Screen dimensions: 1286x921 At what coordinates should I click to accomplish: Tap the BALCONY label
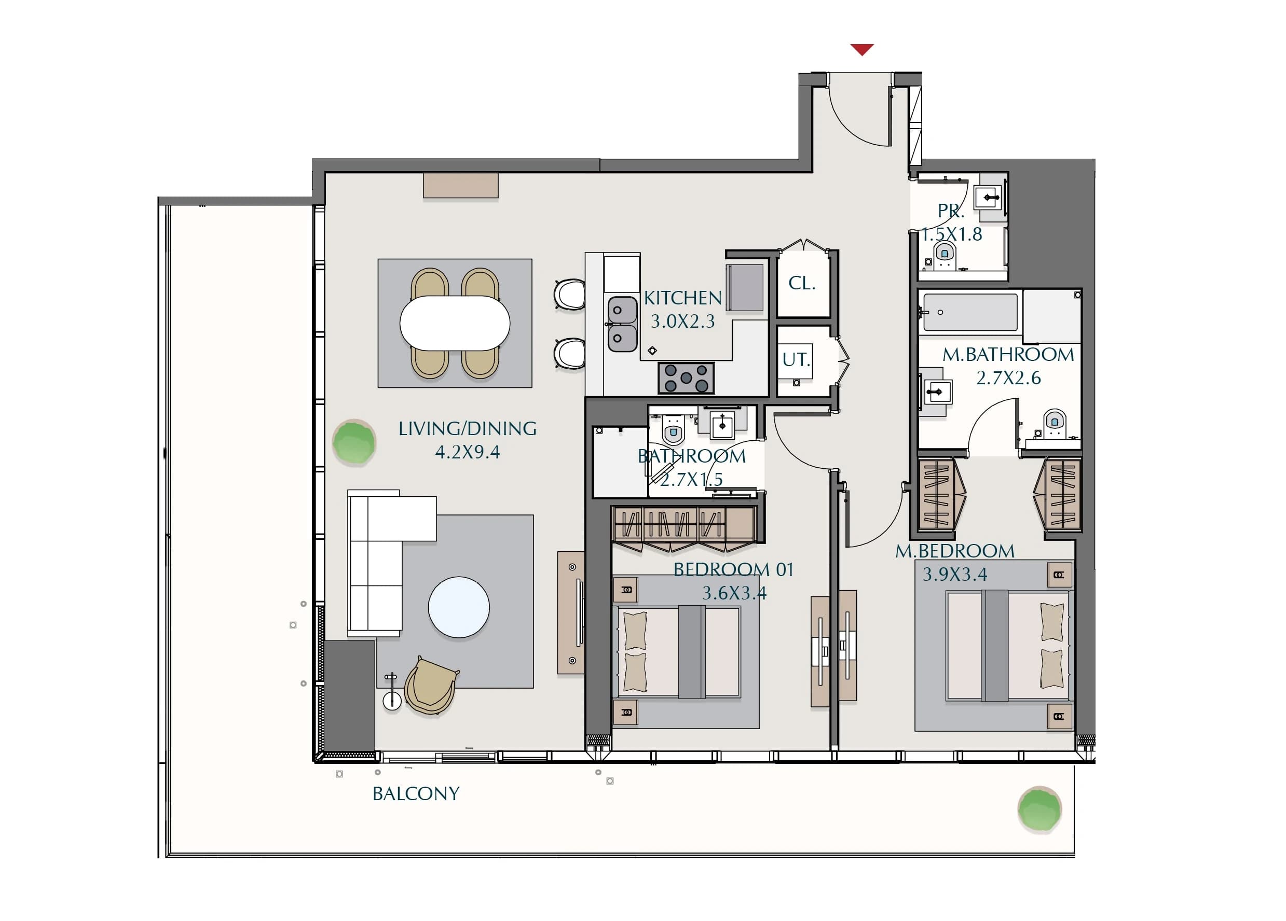(416, 793)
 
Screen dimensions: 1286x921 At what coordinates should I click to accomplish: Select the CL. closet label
(802, 283)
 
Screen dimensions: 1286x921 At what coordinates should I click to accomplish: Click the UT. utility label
(796, 359)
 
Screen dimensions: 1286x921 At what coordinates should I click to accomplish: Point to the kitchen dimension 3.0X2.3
(682, 322)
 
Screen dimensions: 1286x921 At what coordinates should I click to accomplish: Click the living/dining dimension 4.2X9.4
(467, 452)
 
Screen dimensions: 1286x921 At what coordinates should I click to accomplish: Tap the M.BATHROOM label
(1008, 355)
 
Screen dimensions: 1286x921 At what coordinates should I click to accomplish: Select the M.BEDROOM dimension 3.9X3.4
(955, 574)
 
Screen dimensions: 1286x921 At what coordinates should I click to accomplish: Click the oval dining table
(455, 323)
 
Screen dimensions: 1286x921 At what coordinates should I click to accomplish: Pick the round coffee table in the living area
(459, 607)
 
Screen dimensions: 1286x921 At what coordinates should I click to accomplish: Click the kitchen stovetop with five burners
(686, 378)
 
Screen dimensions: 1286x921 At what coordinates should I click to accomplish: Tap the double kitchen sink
(622, 324)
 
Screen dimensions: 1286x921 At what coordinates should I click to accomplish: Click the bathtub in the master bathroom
(970, 312)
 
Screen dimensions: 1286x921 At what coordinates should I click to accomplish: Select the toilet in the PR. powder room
(944, 256)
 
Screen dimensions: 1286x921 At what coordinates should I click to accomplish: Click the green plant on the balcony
(1039, 810)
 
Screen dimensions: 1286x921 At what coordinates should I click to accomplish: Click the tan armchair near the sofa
(430, 686)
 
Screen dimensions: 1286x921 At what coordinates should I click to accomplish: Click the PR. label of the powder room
(951, 211)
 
